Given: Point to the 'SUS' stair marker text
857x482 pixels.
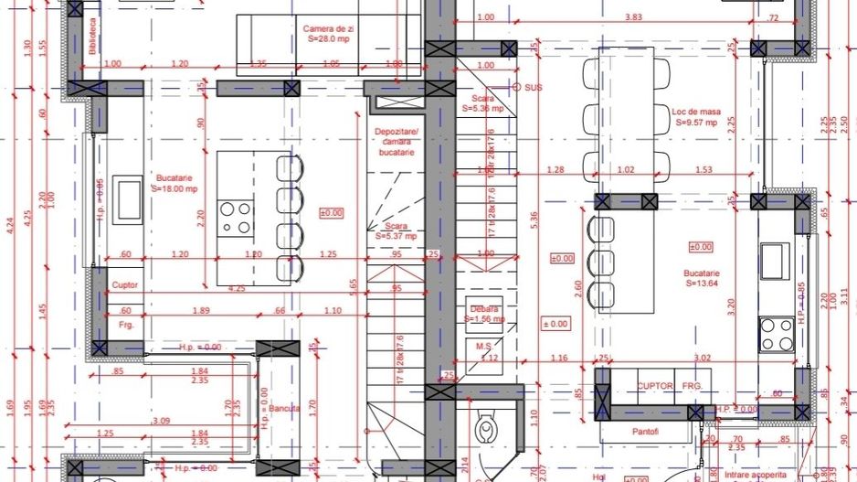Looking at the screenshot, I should pyautogui.click(x=534, y=87).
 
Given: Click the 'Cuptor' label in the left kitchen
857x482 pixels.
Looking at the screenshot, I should pyautogui.click(x=124, y=284).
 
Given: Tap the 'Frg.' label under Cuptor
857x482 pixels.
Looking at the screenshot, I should pyautogui.click(x=125, y=325).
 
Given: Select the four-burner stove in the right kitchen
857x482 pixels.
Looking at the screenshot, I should pyautogui.click(x=778, y=333).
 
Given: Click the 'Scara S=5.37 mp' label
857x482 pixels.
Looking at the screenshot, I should pyautogui.click(x=396, y=230).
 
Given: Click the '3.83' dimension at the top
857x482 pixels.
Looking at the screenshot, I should pyautogui.click(x=633, y=17).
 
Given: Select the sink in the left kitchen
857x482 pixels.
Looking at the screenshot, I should pyautogui.click(x=127, y=198).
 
